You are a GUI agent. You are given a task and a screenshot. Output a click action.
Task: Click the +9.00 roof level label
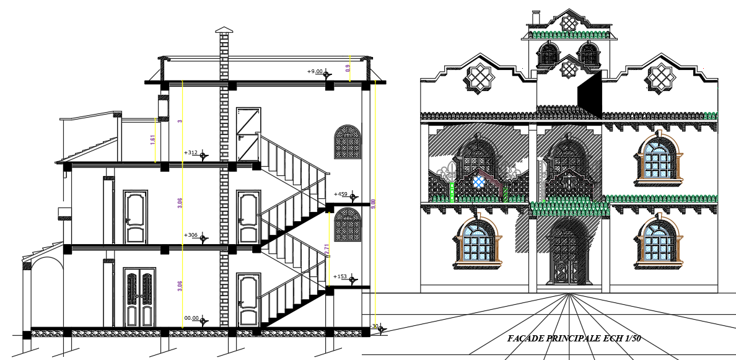point(315,71)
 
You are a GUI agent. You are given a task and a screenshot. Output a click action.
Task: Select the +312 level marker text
point(191,152)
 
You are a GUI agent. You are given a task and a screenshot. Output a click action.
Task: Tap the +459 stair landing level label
point(340,195)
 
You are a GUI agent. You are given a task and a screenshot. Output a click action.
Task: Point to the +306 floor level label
point(191,235)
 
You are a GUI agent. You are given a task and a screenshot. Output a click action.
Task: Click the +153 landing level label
point(340,276)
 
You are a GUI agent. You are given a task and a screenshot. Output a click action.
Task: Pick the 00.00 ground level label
point(191,318)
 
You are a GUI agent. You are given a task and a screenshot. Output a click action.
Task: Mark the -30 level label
point(374,326)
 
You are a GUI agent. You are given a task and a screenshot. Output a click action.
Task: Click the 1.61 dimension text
point(152,139)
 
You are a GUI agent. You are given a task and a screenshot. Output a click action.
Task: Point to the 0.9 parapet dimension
point(348,67)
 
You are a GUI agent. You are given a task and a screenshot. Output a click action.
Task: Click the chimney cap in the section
point(224,30)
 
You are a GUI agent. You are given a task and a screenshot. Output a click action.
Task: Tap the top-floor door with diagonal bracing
point(248,133)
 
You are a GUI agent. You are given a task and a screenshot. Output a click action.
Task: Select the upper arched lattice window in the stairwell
point(348,142)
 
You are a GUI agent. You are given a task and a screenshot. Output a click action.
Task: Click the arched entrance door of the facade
point(567,254)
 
